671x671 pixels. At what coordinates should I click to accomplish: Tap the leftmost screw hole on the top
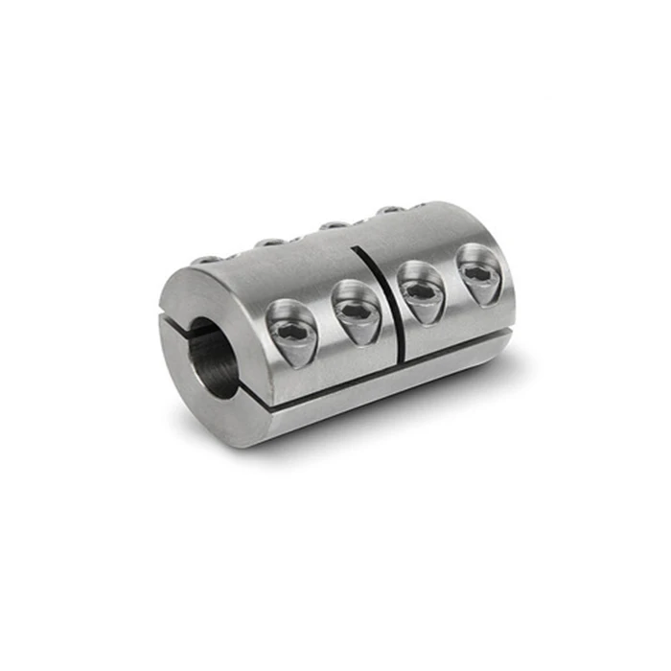[206, 259]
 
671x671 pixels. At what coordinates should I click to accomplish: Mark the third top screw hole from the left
[332, 225]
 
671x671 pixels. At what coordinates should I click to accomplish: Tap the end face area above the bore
[197, 292]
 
